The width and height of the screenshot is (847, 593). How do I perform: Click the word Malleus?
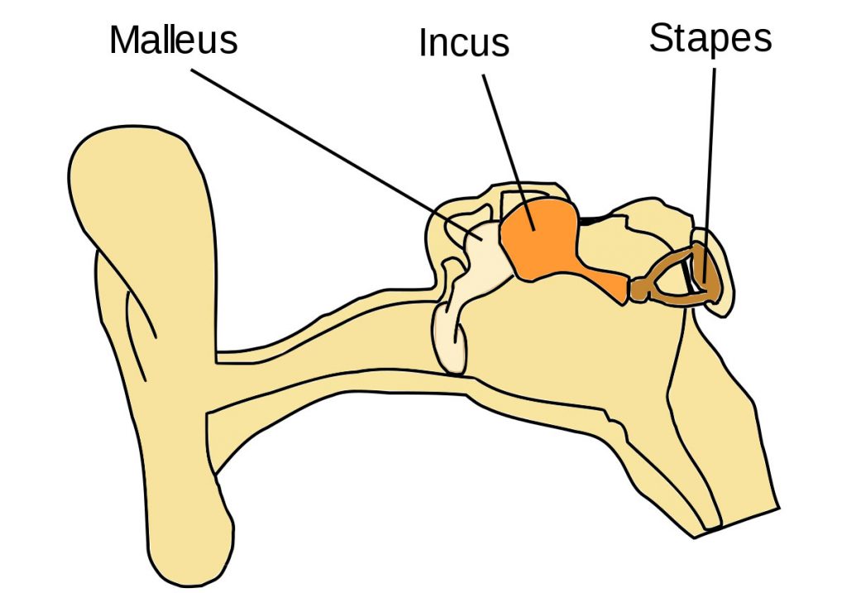pos(173,40)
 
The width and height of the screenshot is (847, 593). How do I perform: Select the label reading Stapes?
pos(711,38)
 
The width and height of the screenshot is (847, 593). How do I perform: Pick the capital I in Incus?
pos(424,42)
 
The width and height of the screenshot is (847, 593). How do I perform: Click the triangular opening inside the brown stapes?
pos(673,276)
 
